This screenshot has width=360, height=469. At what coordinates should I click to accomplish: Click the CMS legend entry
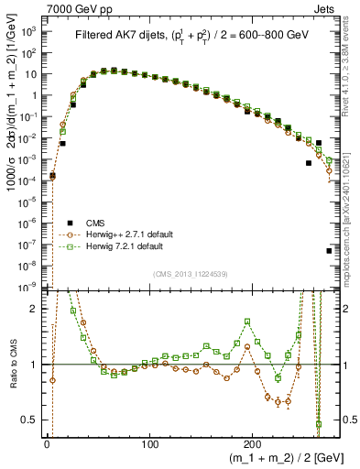click(95, 224)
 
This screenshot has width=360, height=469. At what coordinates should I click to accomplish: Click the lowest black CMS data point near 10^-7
click(329, 250)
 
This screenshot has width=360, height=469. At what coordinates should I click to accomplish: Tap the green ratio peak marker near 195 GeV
click(247, 322)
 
